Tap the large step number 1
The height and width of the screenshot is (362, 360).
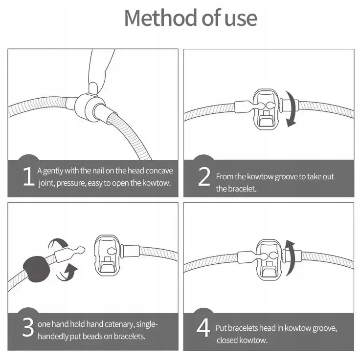pyautogui.click(x=29, y=176)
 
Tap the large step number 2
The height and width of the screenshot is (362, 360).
pyautogui.click(x=204, y=176)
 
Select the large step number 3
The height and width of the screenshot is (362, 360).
pyautogui.click(x=28, y=327)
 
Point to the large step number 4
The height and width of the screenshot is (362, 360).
pyautogui.click(x=203, y=328)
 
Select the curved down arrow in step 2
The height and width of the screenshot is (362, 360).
pyautogui.click(x=292, y=109)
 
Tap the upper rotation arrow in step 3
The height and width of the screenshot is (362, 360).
pyautogui.click(x=58, y=244)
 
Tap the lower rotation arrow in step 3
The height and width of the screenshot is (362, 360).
pyautogui.click(x=67, y=274)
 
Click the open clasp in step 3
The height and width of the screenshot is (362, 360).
pyautogui.click(x=108, y=255)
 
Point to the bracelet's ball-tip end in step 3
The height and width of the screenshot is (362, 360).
pyautogui.click(x=80, y=250)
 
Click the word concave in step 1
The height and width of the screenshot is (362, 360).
pyautogui.click(x=159, y=171)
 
